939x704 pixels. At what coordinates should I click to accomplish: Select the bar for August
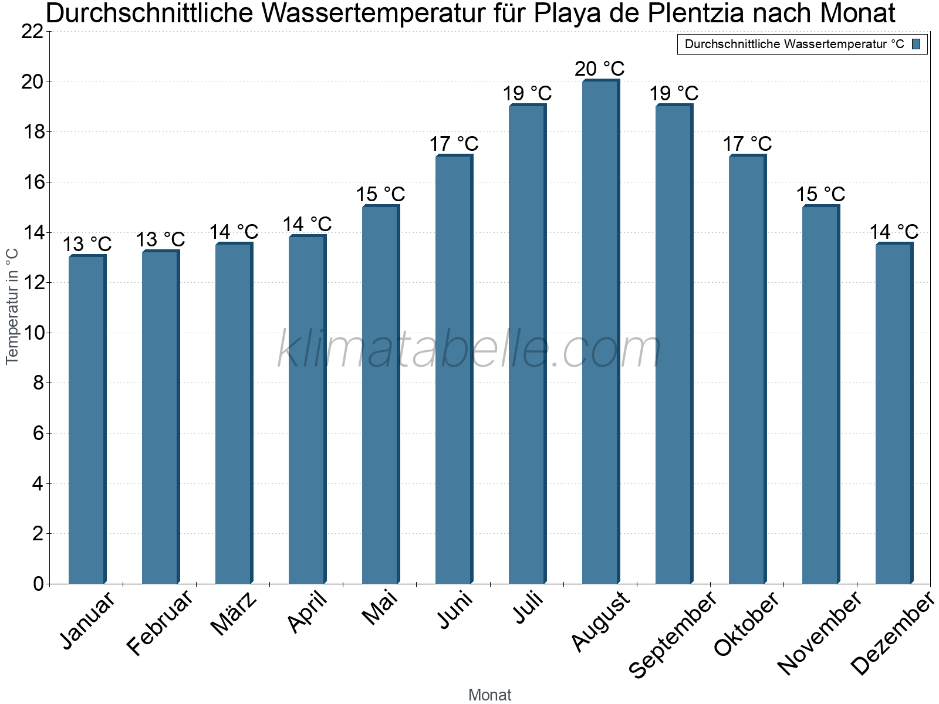coord(600,331)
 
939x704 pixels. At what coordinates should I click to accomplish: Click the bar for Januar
coord(87,419)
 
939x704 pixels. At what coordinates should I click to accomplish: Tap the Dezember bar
coord(894,413)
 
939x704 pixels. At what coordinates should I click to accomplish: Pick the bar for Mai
coord(380,394)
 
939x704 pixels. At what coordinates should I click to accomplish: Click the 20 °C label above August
coord(600,69)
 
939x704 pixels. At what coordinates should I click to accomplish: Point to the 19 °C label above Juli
coord(527,94)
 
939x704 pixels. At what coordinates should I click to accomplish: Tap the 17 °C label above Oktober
coord(747,144)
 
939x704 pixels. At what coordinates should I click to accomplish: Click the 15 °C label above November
coord(820,195)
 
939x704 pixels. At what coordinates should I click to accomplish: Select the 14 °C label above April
coord(307,225)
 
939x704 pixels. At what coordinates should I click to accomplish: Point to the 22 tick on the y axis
coord(33,32)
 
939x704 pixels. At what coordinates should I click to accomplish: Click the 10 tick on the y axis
coord(33,333)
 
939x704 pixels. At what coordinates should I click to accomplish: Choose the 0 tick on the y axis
coord(39,584)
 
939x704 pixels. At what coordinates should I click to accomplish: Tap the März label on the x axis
coord(234,614)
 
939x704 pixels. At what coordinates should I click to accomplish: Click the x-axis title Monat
coord(490,695)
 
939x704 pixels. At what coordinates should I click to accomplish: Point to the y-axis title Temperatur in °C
coord(12,306)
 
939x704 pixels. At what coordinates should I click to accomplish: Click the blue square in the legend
coord(917,44)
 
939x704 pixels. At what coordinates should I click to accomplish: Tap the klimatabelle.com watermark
coord(469,350)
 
